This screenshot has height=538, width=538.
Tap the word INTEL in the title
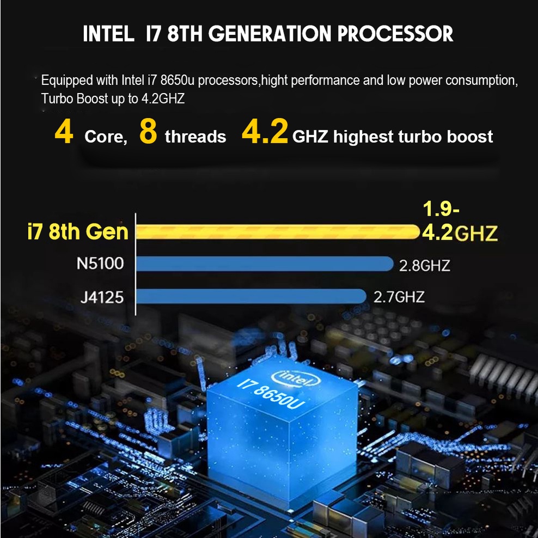pyautogui.click(x=108, y=34)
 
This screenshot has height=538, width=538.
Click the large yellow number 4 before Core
pyautogui.click(x=64, y=133)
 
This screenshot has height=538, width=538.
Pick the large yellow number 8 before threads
pyautogui.click(x=148, y=133)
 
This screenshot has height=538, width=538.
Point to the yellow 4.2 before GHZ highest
pyautogui.click(x=265, y=134)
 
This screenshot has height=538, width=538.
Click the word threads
pyautogui.click(x=195, y=136)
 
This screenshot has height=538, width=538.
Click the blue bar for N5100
pyautogui.click(x=264, y=264)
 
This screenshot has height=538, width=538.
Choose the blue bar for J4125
pyautogui.click(x=250, y=296)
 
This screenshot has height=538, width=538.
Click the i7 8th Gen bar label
pyautogui.click(x=77, y=231)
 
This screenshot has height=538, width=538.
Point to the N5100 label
pyautogui.click(x=100, y=264)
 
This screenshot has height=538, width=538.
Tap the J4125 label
pyautogui.click(x=102, y=297)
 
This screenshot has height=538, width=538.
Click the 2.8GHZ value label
pyautogui.click(x=425, y=266)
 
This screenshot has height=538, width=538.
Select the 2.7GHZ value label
pyautogui.click(x=399, y=297)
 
